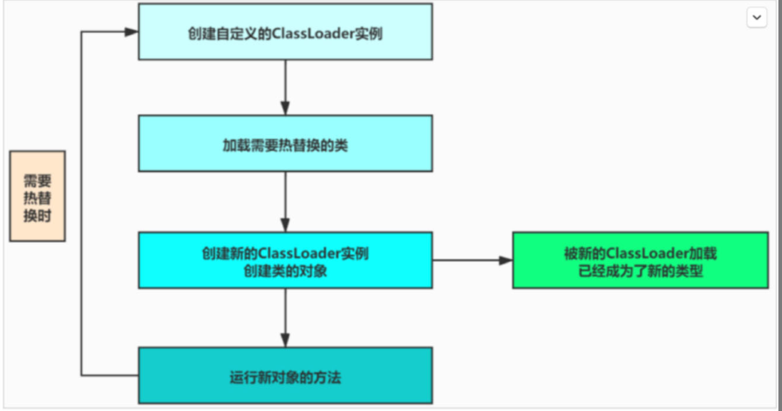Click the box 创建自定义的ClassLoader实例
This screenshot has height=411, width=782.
coord(285,32)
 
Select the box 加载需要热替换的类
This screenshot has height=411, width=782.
coord(285,143)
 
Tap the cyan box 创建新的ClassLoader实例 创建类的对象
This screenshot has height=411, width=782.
coord(285,260)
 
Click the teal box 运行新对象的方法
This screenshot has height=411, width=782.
coord(285,375)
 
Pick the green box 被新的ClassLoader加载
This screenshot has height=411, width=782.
coord(640,260)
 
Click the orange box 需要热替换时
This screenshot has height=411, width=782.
coord(37,196)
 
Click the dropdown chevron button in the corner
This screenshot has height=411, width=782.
coord(757,17)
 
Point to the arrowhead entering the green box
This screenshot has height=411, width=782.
coord(506,260)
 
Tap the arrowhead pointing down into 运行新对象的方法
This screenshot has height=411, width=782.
coord(285,340)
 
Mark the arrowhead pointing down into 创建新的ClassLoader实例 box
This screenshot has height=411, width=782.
coord(285,225)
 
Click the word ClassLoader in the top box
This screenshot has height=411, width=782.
coord(313,34)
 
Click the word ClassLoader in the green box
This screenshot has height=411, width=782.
coord(647,253)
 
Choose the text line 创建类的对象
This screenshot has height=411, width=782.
coord(285,271)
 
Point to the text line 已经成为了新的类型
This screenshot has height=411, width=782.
coord(640,271)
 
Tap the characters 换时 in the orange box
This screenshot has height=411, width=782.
coord(37,215)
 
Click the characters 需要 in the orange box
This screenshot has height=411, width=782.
coord(37,181)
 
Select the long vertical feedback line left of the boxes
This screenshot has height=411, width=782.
coord(81,203)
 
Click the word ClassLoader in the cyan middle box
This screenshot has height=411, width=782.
coord(299,253)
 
